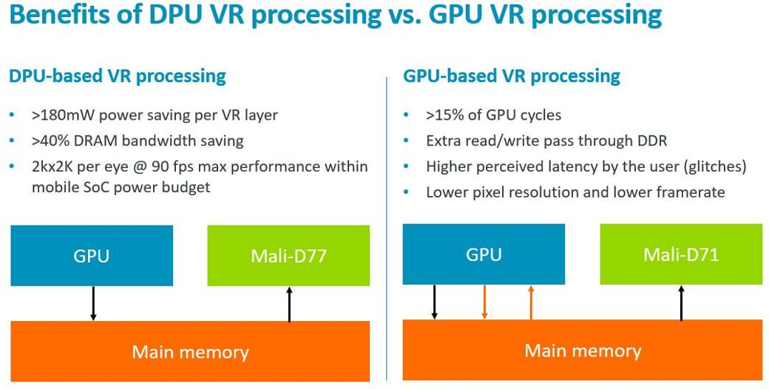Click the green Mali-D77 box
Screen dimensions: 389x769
(288, 256)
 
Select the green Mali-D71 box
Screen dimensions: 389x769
(681, 255)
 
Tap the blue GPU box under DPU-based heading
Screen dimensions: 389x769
(92, 256)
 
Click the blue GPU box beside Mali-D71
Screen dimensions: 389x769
(484, 254)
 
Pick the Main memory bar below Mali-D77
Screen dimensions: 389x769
(190, 351)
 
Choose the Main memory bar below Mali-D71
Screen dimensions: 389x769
(583, 350)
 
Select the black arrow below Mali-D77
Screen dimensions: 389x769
(289, 304)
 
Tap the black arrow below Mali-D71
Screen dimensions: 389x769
(681, 302)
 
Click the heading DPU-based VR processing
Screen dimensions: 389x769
(118, 75)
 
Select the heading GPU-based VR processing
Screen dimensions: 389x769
(512, 75)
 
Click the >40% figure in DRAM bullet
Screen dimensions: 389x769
(50, 141)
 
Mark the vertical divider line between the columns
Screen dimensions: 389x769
(387, 222)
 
